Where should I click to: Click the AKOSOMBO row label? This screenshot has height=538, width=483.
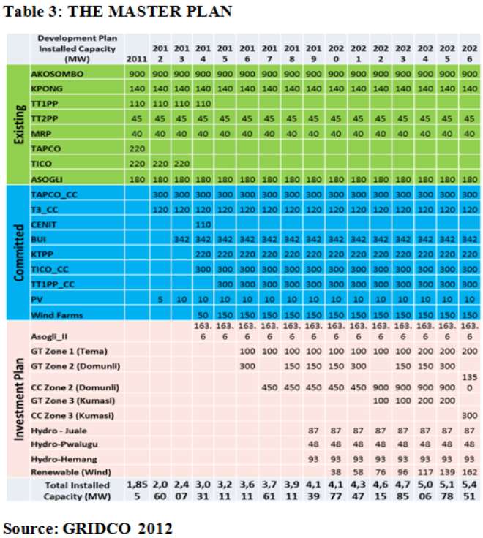coord(57,74)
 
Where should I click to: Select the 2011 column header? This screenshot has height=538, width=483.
coord(137,59)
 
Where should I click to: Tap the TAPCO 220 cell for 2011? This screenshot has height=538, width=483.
coord(137,148)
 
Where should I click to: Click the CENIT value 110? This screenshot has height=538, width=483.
coord(203,224)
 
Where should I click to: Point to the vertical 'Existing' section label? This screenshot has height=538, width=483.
coord(20,124)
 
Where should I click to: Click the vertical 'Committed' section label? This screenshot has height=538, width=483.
coord(19,252)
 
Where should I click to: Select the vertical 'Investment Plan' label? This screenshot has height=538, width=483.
coord(19,399)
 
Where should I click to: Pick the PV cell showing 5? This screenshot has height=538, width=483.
coord(160,300)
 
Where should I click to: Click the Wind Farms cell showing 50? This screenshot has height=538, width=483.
coord(203,315)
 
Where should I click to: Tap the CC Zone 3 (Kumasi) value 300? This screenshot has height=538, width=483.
coord(469,415)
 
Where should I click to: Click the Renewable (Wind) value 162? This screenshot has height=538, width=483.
coord(469,472)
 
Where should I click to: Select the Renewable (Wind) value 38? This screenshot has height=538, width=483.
coord(336,472)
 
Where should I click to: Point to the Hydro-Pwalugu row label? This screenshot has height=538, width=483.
coord(64,444)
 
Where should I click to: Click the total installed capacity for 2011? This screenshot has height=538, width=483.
coord(137,490)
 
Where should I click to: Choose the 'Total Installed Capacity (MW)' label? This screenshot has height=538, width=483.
coord(78,490)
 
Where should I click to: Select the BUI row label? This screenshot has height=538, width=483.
coord(39,239)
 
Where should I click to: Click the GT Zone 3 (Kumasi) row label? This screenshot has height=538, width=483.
coord(73,401)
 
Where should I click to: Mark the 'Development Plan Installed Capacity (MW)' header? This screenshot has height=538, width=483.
coord(78,48)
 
